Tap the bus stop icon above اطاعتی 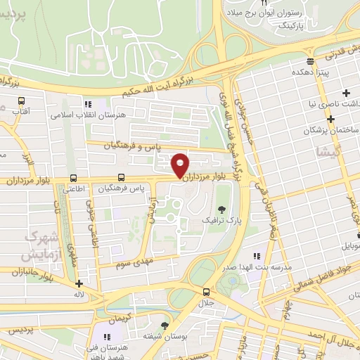point(74,178)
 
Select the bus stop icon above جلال point(206,292)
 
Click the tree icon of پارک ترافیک point(223,209)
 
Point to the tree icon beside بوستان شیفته point(165,325)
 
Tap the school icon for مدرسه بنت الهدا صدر point(257,256)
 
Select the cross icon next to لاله point(78,284)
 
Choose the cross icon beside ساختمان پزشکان point(330,120)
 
